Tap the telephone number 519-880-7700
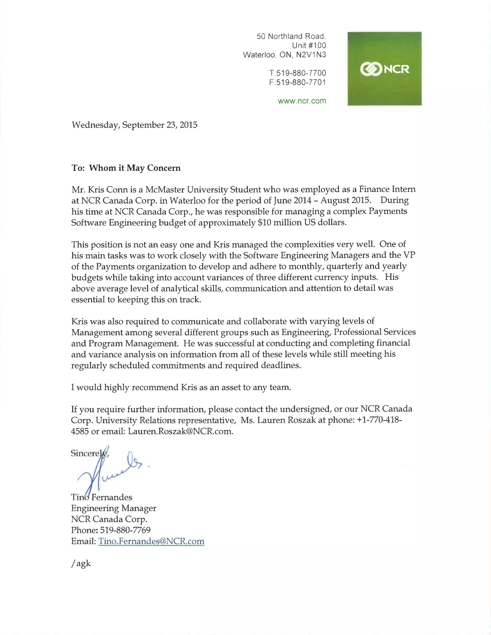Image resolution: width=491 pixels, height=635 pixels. coord(301,73)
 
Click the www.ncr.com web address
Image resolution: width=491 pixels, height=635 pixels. coord(302,101)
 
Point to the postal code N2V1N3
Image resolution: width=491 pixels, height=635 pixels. coord(311,55)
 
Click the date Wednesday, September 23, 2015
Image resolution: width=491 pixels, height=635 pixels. coord(134,125)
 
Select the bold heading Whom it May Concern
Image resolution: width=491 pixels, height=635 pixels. coord(134,168)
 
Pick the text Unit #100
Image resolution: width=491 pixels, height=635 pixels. coord(309,45)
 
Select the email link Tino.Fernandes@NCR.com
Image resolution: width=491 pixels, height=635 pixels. coord(151,541)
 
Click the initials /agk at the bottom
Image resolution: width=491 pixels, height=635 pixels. coord(81,564)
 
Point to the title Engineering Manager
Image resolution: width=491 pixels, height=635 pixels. coord(113,508)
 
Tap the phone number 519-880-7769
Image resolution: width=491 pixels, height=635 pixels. coord(125,530)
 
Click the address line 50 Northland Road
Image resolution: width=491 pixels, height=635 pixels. coord(291,36)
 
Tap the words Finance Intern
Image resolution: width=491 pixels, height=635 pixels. coord(387,189)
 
